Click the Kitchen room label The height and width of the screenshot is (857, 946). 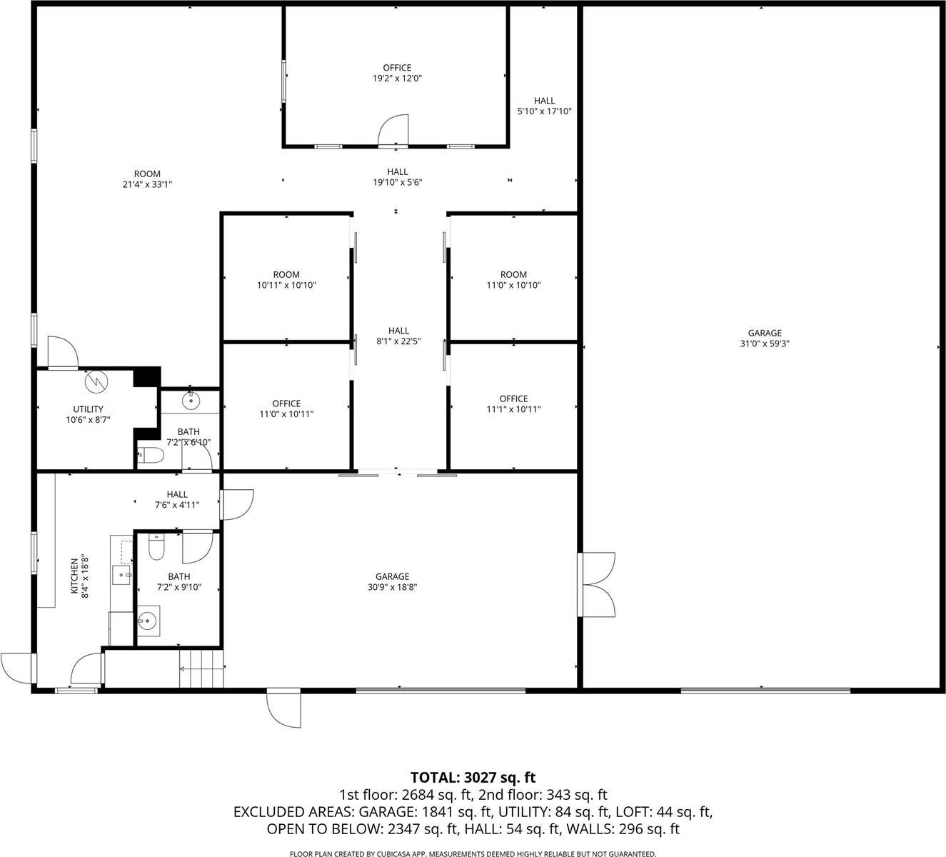(x=79, y=576)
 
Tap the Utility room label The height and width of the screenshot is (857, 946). (x=89, y=415)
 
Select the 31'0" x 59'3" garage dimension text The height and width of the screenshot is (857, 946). (x=764, y=344)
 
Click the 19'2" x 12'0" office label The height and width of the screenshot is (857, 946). (x=397, y=74)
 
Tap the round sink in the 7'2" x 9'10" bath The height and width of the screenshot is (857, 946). (x=149, y=621)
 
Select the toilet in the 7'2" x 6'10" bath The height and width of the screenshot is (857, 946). (x=150, y=454)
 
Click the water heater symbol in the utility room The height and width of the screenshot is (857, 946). (x=94, y=382)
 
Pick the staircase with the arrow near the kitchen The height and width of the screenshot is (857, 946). (x=201, y=669)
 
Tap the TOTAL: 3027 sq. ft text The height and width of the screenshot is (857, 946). (x=473, y=777)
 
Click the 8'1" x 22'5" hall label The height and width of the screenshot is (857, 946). (x=398, y=336)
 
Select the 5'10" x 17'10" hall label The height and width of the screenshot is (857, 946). (x=544, y=106)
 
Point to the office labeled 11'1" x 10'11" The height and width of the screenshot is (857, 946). (x=513, y=404)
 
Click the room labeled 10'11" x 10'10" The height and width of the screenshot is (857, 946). (x=286, y=280)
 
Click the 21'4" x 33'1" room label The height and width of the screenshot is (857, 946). (x=147, y=179)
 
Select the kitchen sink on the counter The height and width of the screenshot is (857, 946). (x=122, y=573)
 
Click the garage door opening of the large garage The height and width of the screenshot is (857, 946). (x=765, y=690)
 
